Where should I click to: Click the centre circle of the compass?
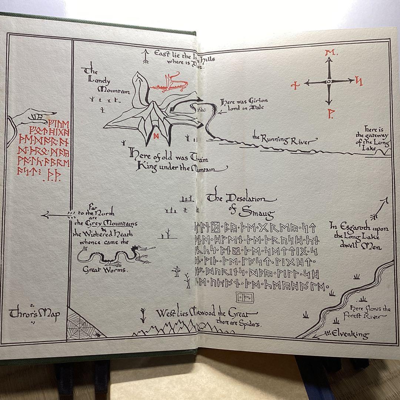coord(329,82)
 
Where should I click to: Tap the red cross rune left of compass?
coord(295,86)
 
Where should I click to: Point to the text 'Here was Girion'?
coord(244,101)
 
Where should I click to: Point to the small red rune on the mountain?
coord(156,135)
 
